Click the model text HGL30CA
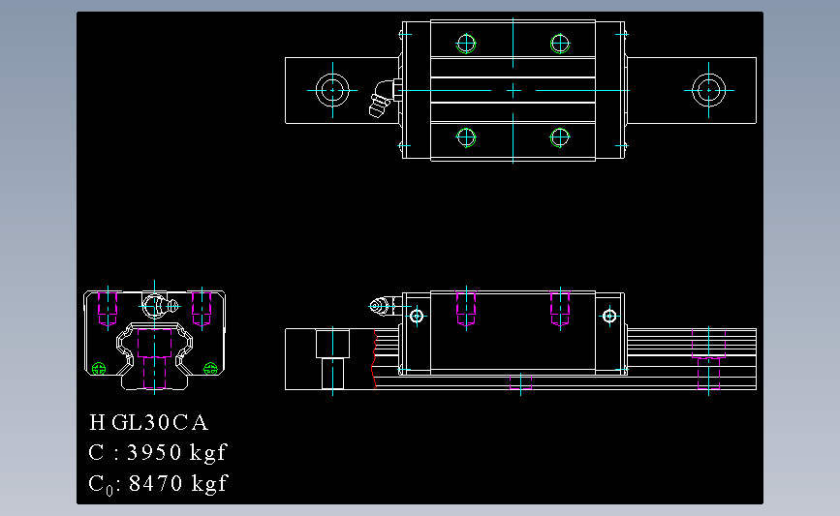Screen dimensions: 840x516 tap(148, 423)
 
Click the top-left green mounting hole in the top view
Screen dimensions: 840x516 tap(467, 43)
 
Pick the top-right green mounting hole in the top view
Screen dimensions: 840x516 tap(560, 43)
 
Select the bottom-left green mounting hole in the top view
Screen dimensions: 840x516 tap(467, 137)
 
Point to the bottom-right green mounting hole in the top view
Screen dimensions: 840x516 tap(560, 137)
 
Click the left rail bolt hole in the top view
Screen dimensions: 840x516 tap(332, 90)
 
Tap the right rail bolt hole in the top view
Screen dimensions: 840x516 tap(708, 90)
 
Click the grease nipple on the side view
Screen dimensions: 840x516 tap(381, 307)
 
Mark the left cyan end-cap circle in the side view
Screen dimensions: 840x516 tap(417, 316)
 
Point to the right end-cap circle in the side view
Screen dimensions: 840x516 tap(608, 316)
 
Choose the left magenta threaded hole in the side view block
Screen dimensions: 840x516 tap(466, 308)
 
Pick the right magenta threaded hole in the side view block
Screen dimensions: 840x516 tap(559, 308)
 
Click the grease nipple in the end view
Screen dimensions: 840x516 tap(156, 305)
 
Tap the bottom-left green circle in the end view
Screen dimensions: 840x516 tap(97, 367)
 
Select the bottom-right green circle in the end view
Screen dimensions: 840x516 tap(211, 366)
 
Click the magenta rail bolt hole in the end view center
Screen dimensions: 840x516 tap(155, 356)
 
